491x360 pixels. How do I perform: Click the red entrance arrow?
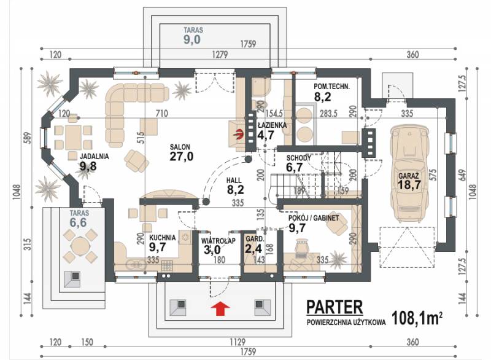(x=220, y=308)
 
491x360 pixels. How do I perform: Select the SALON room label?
(x=180, y=147)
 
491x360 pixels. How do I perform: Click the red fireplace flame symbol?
(x=239, y=135)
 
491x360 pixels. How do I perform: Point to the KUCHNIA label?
(x=162, y=238)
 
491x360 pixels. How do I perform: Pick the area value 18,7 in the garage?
(x=409, y=184)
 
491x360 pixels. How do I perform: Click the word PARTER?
(x=334, y=307)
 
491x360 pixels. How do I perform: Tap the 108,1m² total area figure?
(x=417, y=318)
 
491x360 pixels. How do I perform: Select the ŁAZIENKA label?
(x=272, y=125)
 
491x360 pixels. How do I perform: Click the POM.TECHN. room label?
(x=331, y=87)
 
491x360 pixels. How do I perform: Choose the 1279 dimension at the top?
(x=220, y=55)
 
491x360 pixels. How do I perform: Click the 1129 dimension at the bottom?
(x=238, y=342)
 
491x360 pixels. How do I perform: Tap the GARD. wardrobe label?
(x=255, y=239)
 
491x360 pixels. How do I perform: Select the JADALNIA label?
(x=95, y=156)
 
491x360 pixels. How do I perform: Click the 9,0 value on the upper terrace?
(x=192, y=40)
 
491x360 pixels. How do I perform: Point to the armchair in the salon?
(x=136, y=160)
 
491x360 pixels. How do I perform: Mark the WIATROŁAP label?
(x=218, y=241)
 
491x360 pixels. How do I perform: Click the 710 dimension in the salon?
(x=162, y=113)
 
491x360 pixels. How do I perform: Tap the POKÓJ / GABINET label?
(x=314, y=217)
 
